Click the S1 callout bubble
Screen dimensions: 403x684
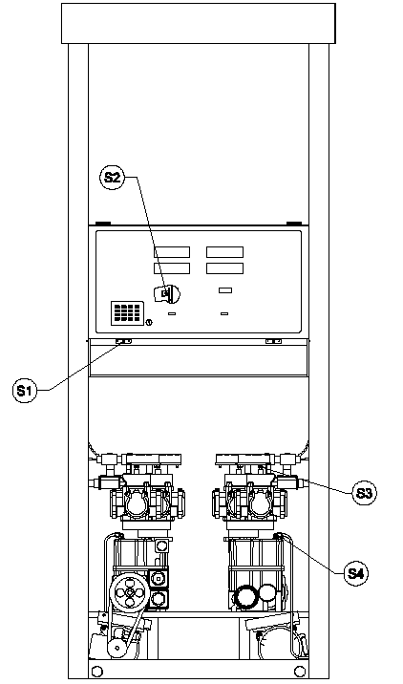tap(25, 391)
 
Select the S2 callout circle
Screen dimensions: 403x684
tap(112, 177)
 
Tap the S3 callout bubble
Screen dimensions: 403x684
tap(364, 493)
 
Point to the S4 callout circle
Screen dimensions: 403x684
tap(355, 573)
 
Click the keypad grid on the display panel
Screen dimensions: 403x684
tap(127, 312)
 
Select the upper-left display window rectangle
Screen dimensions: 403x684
tap(172, 252)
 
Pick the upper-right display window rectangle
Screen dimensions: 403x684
tap(224, 252)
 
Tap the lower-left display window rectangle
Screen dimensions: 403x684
tap(172, 268)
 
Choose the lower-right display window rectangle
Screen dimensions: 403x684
tap(224, 268)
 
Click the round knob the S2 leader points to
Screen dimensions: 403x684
tap(167, 293)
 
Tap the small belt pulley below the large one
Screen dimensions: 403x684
tap(117, 649)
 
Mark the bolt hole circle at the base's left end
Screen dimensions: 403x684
tap(97, 670)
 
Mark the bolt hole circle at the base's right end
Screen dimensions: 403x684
tap(300, 670)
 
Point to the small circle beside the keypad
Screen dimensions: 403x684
tap(149, 323)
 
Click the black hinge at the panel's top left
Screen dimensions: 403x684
tap(103, 224)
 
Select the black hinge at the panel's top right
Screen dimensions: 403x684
tap(294, 224)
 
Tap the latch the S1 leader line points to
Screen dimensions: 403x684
tap(123, 341)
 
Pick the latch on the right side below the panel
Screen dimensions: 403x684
tap(273, 341)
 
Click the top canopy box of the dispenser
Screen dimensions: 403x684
tap(199, 24)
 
